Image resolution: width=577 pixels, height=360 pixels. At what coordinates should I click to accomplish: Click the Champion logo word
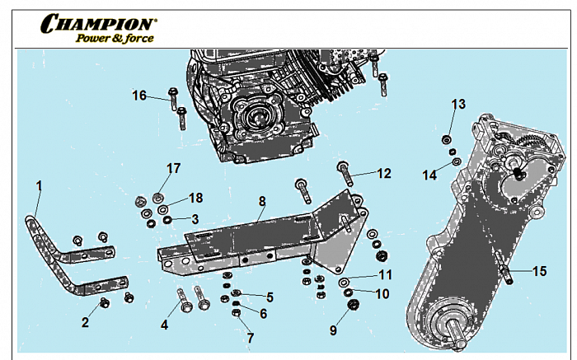tap(98, 23)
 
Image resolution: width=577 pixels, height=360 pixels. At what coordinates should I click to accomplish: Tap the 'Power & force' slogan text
tap(115, 38)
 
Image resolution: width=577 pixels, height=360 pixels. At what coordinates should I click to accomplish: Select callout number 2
tap(84, 323)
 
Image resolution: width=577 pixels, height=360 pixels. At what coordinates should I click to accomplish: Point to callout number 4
tap(165, 325)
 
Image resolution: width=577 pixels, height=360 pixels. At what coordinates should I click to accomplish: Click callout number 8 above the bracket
tap(262, 201)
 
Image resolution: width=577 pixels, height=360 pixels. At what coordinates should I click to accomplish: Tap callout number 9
tap(333, 330)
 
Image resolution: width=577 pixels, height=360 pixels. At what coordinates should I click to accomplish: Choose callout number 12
tap(384, 174)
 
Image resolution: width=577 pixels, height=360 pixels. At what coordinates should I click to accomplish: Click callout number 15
tap(539, 270)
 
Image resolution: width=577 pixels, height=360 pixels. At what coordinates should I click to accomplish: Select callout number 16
tap(139, 96)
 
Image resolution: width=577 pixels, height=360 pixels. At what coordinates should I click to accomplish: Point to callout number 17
tap(173, 169)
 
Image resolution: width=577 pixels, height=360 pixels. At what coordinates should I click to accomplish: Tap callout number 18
tap(195, 198)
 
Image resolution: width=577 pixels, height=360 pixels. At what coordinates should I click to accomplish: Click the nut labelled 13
tap(447, 138)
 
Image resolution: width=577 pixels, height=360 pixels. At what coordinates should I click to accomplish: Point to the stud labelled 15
tap(507, 275)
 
